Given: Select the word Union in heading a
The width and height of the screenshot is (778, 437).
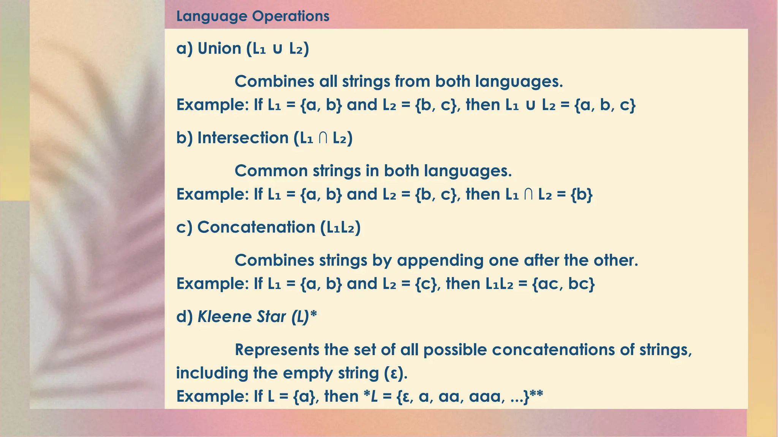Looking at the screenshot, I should click(219, 49).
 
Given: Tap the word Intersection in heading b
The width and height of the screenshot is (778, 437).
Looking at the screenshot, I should click(243, 138).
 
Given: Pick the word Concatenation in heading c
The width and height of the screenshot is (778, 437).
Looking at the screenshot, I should click(256, 227).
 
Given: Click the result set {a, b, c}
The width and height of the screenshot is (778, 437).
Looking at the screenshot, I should click(605, 105).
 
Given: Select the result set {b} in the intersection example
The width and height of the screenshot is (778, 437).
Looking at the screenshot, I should click(581, 195).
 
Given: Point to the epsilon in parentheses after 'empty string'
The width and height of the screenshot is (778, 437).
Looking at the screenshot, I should click(393, 373).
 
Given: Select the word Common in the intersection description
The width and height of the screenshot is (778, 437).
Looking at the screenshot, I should click(271, 171).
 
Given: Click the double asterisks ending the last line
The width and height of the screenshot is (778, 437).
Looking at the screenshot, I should click(536, 395).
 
